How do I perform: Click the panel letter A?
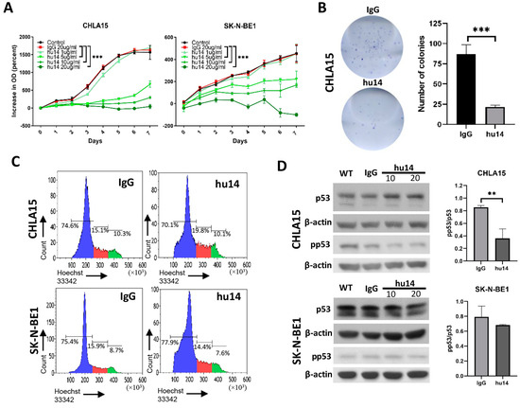pos(8,9)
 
